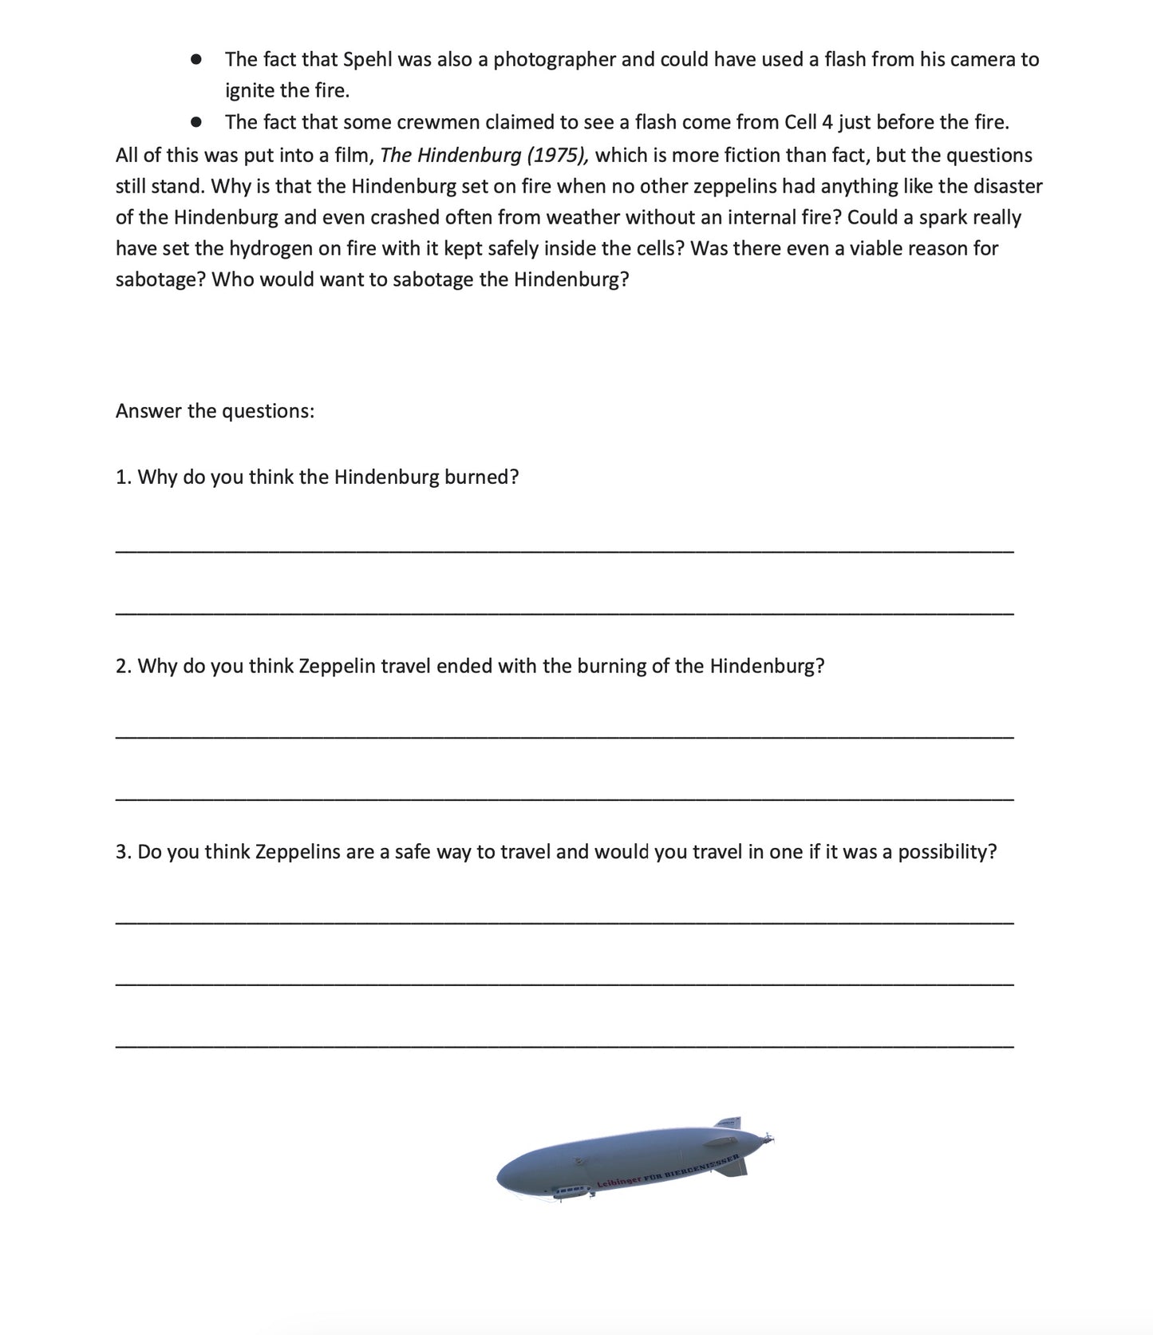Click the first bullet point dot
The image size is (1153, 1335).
195,60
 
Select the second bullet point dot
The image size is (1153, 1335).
195,123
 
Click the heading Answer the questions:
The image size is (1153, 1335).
215,411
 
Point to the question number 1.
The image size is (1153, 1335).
122,477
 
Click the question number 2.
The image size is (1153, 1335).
122,666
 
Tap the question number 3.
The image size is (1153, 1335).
122,852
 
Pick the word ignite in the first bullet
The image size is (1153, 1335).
248,91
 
